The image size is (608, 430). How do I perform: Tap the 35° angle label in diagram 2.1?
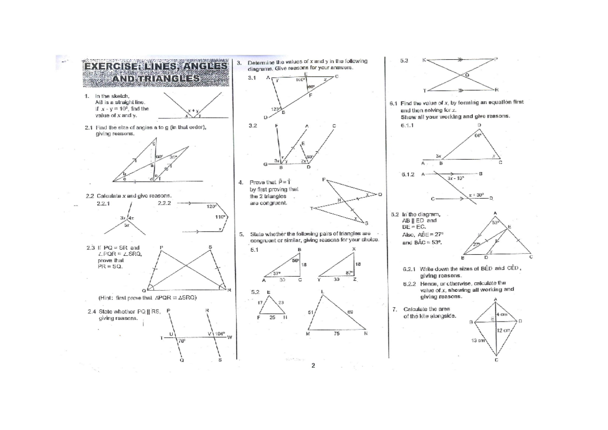click(x=173, y=158)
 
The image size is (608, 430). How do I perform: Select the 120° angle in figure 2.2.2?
click(x=212, y=206)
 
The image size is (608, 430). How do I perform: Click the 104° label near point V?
click(x=219, y=334)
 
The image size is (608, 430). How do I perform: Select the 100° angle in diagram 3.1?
click(x=301, y=80)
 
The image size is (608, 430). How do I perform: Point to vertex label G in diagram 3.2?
click(x=265, y=164)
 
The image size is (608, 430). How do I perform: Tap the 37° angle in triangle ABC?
click(x=277, y=273)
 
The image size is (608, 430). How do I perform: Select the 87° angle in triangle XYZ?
click(x=349, y=272)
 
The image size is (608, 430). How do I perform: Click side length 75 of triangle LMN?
click(x=336, y=334)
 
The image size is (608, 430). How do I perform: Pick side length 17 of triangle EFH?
click(x=260, y=302)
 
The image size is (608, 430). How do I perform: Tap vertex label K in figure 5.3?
click(x=424, y=60)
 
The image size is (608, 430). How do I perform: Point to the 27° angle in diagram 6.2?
click(x=476, y=244)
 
